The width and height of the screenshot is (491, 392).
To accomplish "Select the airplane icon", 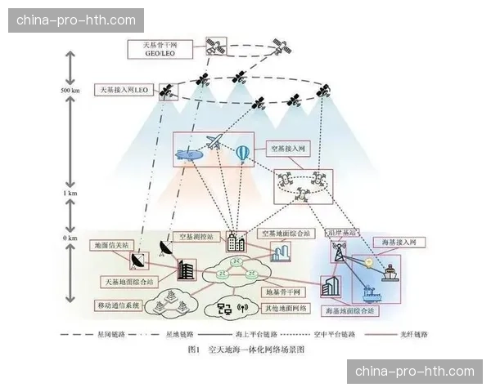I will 214,143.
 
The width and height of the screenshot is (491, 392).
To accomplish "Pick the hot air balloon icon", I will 244,153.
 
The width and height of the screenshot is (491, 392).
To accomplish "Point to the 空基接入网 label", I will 287,150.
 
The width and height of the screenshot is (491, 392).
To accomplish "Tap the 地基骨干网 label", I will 283,292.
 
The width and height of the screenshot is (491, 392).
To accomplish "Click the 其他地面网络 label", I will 284,308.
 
